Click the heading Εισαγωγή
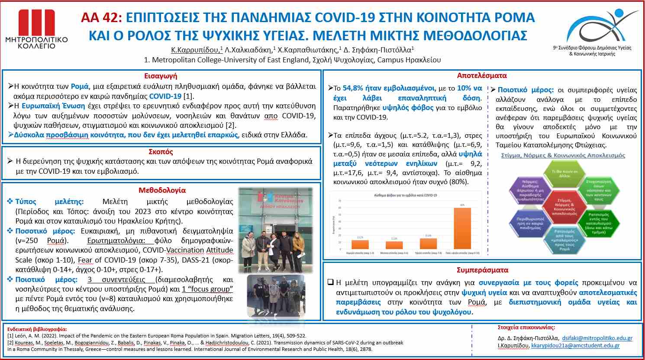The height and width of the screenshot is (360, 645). point(161,76)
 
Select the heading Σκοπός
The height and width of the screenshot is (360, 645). point(161,152)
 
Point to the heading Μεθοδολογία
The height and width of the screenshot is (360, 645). point(162,190)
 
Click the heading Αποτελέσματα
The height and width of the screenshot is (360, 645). point(482,75)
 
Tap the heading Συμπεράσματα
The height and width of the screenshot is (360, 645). point(482,270)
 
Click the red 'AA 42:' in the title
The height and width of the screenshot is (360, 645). point(102,18)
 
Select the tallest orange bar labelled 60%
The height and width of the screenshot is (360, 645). point(462,228)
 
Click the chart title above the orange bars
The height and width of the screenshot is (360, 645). point(405,195)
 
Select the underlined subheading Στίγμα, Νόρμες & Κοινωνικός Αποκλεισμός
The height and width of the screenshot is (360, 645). point(563,155)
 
